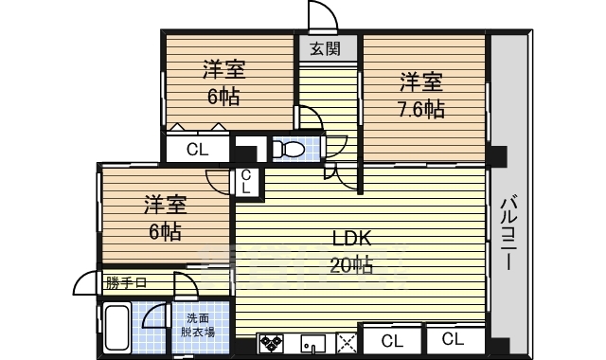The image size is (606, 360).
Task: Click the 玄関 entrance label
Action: tap(326, 48)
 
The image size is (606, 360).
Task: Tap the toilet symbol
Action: tap(289, 149)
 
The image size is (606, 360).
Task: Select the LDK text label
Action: tap(351, 239)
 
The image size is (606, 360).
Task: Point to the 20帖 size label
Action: tap(351, 265)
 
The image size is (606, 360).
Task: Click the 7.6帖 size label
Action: tap(421, 110)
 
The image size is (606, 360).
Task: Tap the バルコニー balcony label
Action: tap(508, 234)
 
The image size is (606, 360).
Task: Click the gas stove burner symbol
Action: tap(272, 343)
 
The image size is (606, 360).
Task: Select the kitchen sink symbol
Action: tap(313, 344)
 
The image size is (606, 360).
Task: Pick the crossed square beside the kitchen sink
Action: tap(347, 343)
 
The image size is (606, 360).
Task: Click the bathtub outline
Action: tap(117, 328)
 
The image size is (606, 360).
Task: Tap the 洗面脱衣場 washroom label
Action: tap(198, 325)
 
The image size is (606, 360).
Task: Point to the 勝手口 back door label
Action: tap(126, 283)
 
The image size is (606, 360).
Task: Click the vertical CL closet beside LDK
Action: tap(246, 182)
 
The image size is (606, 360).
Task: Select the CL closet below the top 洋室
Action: tap(197, 149)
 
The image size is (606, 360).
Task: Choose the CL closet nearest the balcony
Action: tap(453, 339)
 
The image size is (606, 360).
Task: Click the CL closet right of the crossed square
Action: tap(392, 341)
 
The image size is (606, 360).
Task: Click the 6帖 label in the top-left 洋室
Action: tap(223, 97)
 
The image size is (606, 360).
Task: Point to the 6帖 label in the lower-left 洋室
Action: tap(165, 232)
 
